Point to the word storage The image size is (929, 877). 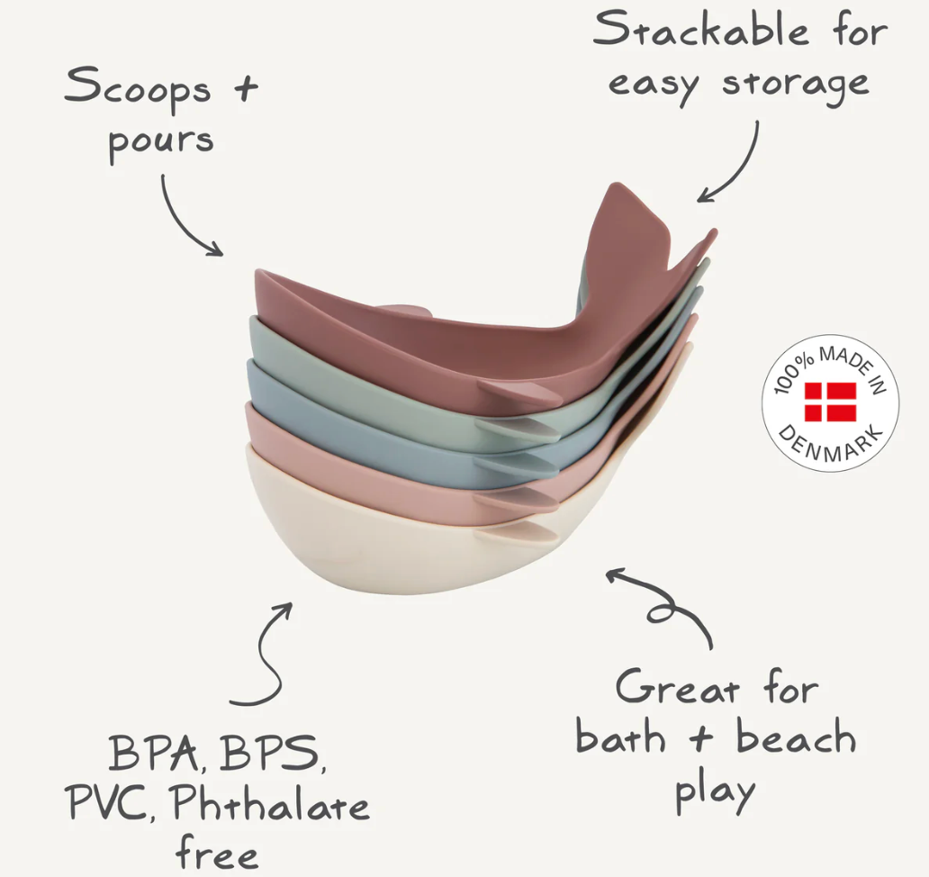[x=796, y=86]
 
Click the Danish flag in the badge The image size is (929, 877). [x=831, y=402]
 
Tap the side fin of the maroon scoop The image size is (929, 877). [x=521, y=391]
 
